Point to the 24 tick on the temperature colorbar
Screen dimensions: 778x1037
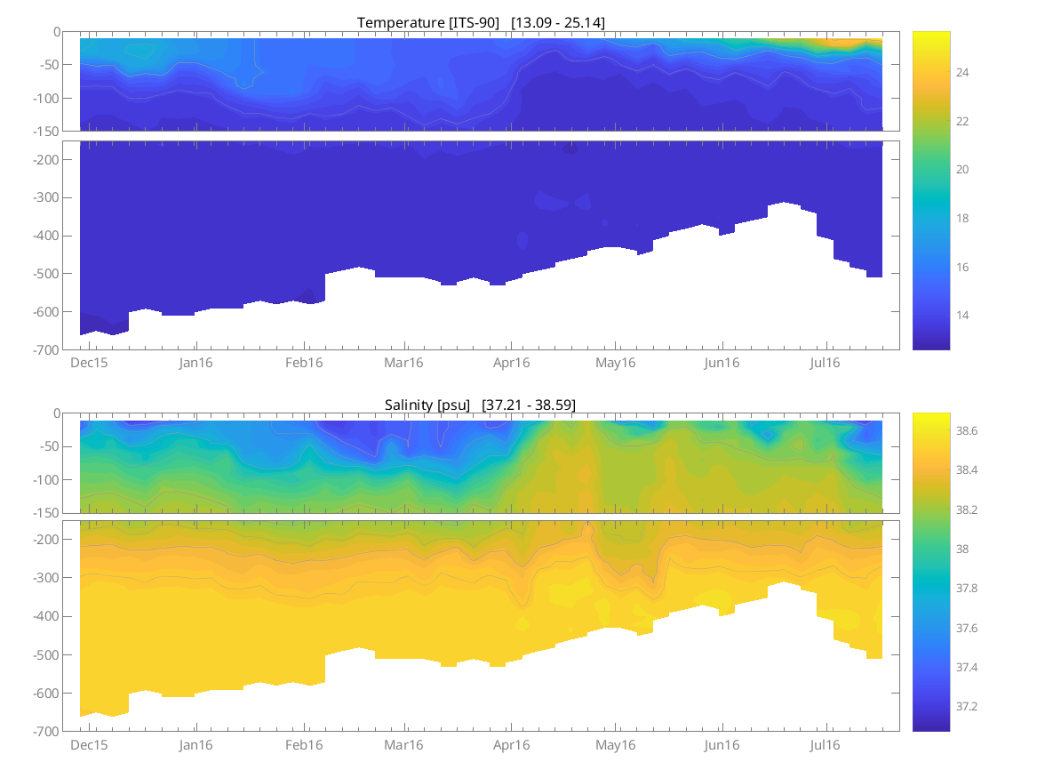coord(962,72)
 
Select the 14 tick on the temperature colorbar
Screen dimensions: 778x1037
coord(962,315)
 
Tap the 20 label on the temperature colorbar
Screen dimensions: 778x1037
coord(962,169)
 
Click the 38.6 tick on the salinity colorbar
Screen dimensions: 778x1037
coord(968,430)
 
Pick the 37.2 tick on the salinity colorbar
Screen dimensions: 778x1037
coord(968,706)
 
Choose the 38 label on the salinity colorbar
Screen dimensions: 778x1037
coord(962,549)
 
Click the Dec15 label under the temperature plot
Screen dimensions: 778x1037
coord(89,363)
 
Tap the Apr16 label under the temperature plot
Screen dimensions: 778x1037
coord(511,363)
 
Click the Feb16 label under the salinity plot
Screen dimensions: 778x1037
coord(304,745)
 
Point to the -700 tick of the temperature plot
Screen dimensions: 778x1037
coord(46,350)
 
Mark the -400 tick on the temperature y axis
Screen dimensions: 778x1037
coord(46,236)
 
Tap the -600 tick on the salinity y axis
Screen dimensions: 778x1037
coord(46,694)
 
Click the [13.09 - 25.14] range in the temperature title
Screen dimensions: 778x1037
coord(558,22)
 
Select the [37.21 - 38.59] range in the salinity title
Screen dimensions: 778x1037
coord(529,405)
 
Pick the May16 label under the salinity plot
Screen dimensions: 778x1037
coord(616,745)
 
